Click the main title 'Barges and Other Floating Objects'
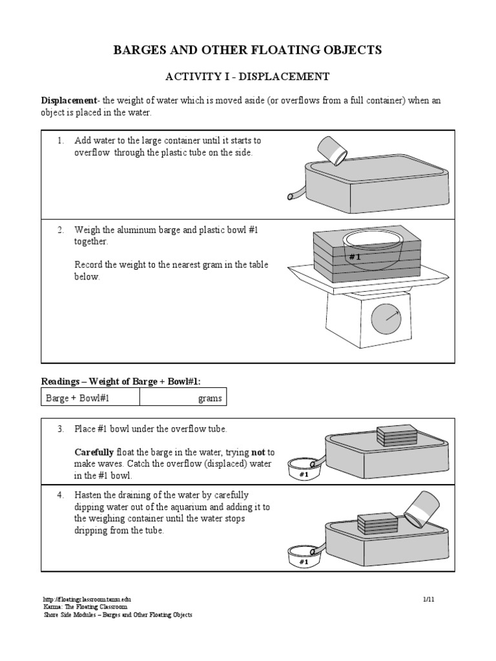(x=248, y=50)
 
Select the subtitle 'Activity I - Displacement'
(x=248, y=77)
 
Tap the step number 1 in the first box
(x=60, y=140)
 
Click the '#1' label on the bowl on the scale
(x=354, y=257)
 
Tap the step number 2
(x=60, y=230)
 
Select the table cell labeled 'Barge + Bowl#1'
(x=90, y=398)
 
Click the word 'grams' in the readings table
(x=210, y=398)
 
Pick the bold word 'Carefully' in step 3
(x=95, y=452)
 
